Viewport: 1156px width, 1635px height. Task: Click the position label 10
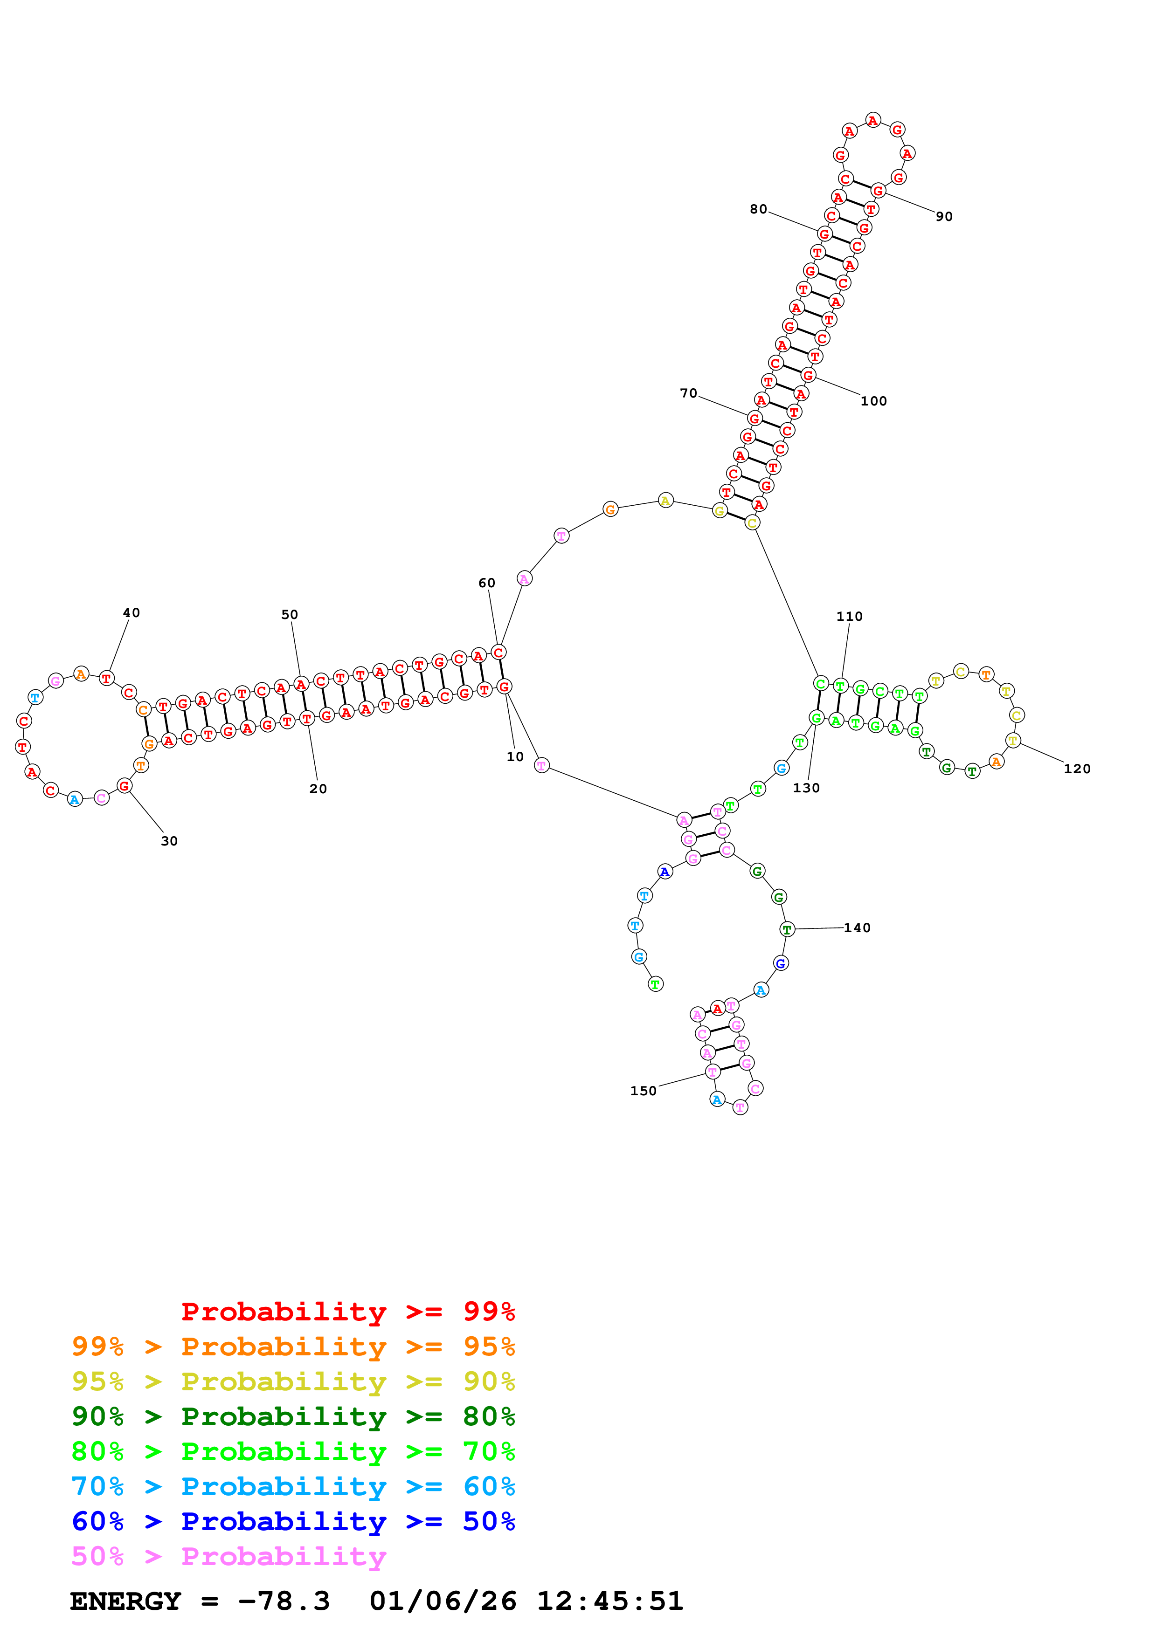(x=515, y=757)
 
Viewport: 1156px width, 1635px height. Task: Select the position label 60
(x=486, y=583)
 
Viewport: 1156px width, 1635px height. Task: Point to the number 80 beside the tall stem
(x=759, y=209)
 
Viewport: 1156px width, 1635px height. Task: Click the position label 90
(x=944, y=216)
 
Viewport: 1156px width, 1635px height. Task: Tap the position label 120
(x=1077, y=769)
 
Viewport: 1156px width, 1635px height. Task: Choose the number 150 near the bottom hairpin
(x=643, y=1091)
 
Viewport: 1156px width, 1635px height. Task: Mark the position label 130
(x=806, y=788)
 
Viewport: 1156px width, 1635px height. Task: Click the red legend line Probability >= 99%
(x=348, y=1311)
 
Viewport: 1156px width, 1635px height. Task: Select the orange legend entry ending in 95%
(x=293, y=1346)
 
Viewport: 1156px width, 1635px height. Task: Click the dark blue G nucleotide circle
(x=781, y=963)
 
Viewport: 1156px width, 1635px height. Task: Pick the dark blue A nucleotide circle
(x=665, y=871)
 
